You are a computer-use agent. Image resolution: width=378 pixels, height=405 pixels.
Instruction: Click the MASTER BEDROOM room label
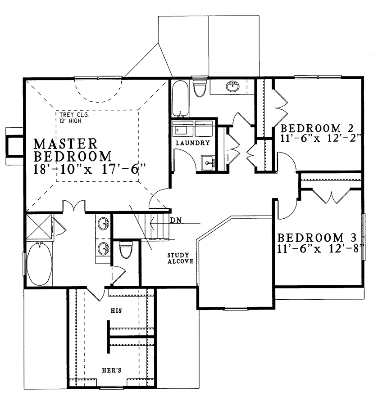pos(73,150)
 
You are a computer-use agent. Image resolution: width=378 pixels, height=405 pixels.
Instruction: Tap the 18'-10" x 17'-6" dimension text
pos(90,170)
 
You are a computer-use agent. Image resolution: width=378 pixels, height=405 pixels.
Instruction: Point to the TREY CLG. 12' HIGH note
pos(74,118)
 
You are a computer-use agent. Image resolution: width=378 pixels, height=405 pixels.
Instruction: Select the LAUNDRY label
pos(193,143)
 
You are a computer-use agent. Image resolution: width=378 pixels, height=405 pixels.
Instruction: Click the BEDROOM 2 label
pos(317,128)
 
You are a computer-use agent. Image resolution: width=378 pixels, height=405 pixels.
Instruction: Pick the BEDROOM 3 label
pos(317,237)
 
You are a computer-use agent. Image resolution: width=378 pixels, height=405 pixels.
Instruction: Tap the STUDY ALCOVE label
pos(181,258)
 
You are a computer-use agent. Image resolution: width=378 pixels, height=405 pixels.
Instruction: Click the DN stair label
pos(176,220)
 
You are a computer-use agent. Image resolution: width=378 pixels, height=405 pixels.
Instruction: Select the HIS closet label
pos(116,310)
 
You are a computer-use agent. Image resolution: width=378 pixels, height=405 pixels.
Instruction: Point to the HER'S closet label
pos(111,370)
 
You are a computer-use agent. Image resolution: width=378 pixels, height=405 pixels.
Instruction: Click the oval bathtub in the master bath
pos(39,264)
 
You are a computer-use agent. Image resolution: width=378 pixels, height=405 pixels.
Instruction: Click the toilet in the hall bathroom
pos(200,88)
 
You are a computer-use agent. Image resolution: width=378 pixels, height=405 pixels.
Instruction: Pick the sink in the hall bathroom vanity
pos(232,86)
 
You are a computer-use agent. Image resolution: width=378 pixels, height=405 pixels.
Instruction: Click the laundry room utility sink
pos(208,163)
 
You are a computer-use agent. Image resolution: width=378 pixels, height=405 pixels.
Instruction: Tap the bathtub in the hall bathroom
pos(180,99)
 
